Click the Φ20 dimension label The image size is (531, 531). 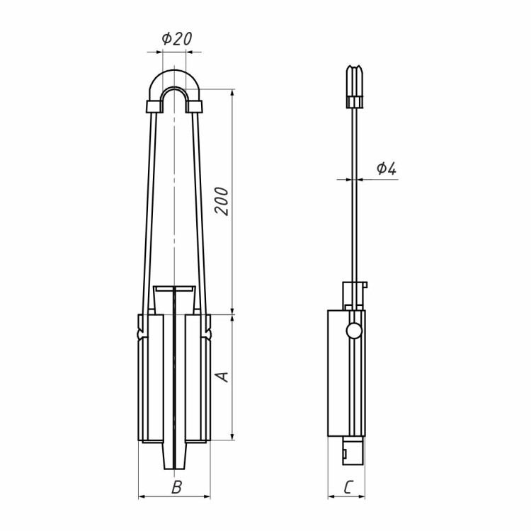177,39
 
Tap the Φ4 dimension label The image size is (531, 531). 387,169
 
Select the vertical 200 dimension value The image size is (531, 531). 222,201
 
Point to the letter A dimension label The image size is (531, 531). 222,377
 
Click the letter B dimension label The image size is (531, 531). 177,487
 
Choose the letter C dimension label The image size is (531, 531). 348,487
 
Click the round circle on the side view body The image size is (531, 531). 353,330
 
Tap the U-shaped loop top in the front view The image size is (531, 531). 174,81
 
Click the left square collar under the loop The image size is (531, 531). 154,107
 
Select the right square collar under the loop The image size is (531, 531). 194,107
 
